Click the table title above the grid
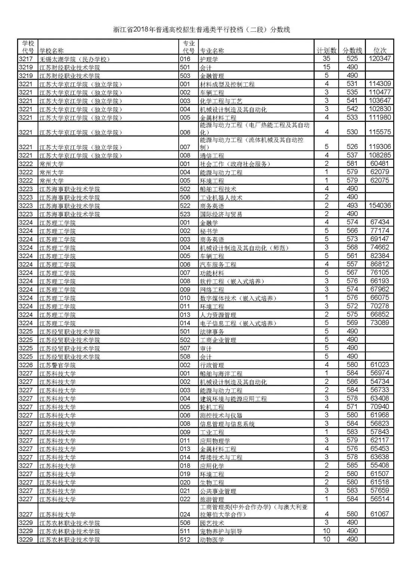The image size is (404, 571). (x=202, y=30)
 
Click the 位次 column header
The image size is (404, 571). (x=380, y=50)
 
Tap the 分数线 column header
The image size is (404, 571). (x=352, y=50)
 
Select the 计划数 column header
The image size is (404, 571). (x=327, y=50)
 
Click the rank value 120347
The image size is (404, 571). (x=379, y=59)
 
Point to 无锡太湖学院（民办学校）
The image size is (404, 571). (x=75, y=59)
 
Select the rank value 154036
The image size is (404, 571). (x=379, y=206)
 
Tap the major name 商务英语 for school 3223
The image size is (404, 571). (x=212, y=206)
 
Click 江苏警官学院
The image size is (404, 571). (x=58, y=365)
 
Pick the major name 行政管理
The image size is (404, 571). (x=212, y=365)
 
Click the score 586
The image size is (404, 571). (x=352, y=381)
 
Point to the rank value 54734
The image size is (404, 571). (x=379, y=381)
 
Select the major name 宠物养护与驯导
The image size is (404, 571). (x=221, y=531)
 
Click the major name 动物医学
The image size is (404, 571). (x=212, y=540)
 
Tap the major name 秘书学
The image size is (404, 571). (x=209, y=231)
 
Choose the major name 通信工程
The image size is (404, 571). (x=212, y=156)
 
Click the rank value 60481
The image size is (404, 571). (x=379, y=164)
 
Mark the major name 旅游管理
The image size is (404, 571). (x=212, y=499)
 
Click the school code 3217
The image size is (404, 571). (x=26, y=59)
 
